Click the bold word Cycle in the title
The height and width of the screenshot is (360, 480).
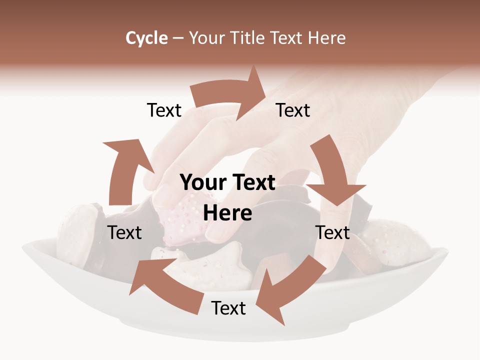(146, 38)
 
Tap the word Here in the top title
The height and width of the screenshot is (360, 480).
(326, 38)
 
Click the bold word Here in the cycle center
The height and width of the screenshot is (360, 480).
(227, 213)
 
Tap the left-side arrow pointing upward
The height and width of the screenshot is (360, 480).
(125, 170)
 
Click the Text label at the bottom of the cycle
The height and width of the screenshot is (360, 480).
(228, 308)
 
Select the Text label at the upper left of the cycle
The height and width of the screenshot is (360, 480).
(164, 110)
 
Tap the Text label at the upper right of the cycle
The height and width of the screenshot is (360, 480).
(293, 110)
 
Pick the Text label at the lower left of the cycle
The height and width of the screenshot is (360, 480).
(125, 232)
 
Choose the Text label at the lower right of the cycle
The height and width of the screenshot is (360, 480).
(333, 232)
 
